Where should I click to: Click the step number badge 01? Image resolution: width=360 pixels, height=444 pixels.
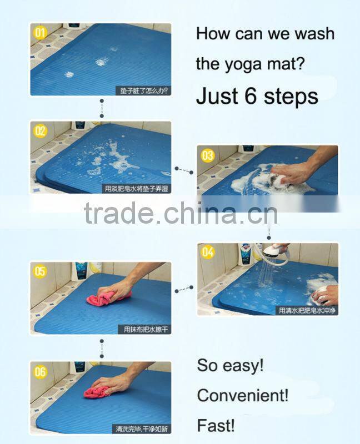coord(39,33)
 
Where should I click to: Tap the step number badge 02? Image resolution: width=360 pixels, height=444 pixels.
coord(40,131)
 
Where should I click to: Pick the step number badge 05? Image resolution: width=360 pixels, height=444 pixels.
coord(40,272)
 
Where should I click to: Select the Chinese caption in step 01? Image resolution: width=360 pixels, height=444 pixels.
coord(142,90)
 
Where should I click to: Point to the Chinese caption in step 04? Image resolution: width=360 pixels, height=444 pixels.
coord(307,310)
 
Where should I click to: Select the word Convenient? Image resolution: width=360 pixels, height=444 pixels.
coord(243,396)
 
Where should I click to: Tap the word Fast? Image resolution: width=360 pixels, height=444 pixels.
coord(216,426)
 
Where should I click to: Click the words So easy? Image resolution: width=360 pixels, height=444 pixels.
coord(230,366)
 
